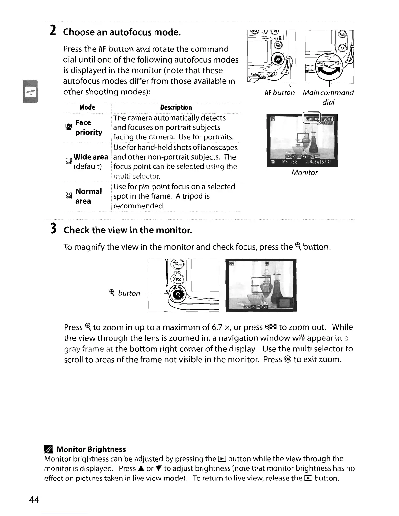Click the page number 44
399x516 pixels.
(34, 500)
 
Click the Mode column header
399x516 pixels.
(87, 107)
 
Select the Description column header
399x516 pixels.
(176, 107)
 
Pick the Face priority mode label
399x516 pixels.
(88, 127)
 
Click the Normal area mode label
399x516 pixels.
(88, 196)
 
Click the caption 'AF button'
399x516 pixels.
(280, 93)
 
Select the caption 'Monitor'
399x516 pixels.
(304, 173)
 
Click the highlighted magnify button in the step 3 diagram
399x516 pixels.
(178, 294)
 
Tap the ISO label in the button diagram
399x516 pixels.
(177, 272)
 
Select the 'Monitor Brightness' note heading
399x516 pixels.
(91, 449)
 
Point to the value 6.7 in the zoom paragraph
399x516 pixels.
(217, 327)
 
